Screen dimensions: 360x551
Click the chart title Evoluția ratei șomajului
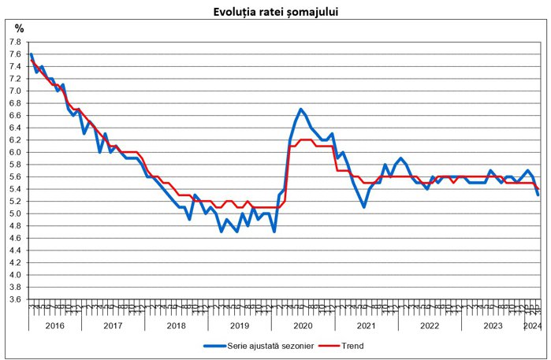[x=276, y=13]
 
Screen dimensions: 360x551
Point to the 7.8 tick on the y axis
[x=15, y=42]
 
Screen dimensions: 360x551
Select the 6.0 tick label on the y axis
[x=15, y=152]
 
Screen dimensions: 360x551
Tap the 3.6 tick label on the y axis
[x=15, y=299]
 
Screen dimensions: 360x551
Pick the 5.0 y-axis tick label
[x=15, y=213]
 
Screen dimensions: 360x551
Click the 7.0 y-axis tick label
[x=15, y=91]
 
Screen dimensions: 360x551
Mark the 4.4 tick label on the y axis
[x=15, y=251]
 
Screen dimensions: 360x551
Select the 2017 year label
[x=112, y=325]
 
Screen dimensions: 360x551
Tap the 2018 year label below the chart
[x=176, y=325]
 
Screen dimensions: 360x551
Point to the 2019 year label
[x=239, y=325]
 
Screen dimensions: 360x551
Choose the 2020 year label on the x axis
[x=303, y=325]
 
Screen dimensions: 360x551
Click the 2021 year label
[x=366, y=325]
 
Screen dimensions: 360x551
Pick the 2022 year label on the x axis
[x=429, y=325]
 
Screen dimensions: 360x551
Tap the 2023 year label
[x=492, y=325]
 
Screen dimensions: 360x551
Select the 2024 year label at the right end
[x=531, y=325]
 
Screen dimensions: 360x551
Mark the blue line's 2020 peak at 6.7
[x=301, y=109]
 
